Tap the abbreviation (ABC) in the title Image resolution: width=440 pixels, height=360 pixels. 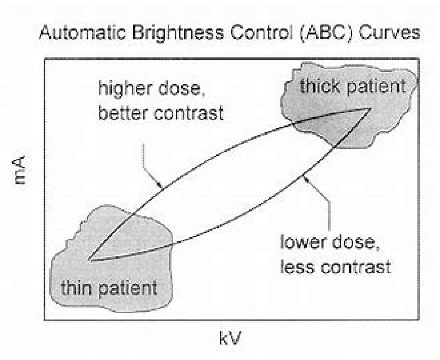tap(326, 33)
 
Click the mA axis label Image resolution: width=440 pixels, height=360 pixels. tap(19, 170)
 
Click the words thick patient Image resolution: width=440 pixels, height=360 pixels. tap(352, 87)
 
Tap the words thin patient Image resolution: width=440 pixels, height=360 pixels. tap(109, 288)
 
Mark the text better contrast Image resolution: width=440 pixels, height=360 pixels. tap(161, 112)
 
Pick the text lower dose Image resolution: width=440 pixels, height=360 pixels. tap(330, 243)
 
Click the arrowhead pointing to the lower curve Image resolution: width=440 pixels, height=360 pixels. tap(306, 179)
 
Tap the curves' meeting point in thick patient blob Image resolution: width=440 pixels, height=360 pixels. tap(370, 108)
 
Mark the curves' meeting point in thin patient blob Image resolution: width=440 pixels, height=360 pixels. tap(89, 260)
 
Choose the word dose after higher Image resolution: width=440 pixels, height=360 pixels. tap(181, 88)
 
